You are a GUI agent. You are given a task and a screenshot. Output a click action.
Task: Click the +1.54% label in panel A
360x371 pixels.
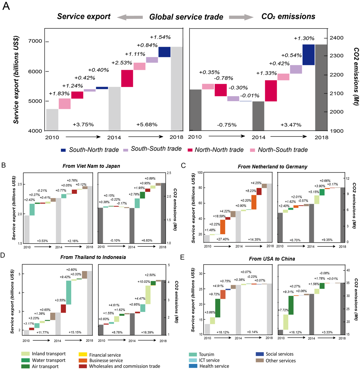[160, 37]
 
